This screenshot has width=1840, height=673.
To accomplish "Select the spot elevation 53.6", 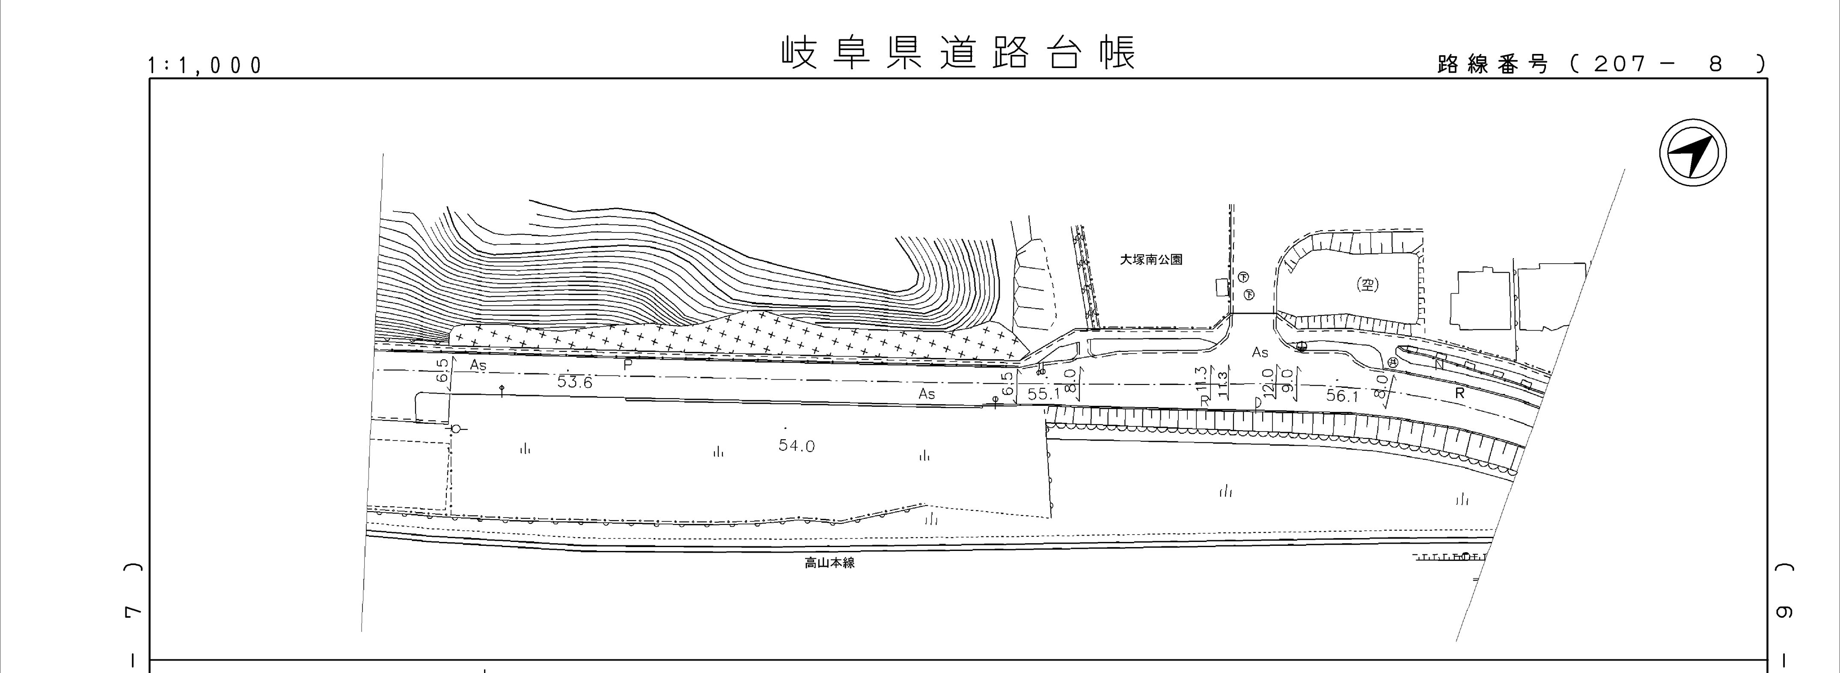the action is (x=574, y=382).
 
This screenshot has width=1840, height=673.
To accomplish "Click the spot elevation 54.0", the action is (x=797, y=446).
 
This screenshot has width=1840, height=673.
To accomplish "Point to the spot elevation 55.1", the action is (x=1043, y=394).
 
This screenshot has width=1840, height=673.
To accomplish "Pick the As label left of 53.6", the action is (x=478, y=365).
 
